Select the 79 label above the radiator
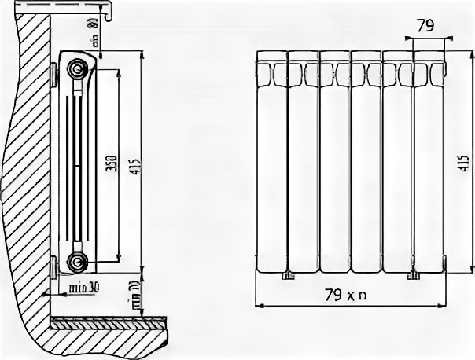click(x=425, y=26)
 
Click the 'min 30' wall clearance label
click(x=83, y=287)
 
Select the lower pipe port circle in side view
click(x=77, y=261)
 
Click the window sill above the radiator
click(x=79, y=10)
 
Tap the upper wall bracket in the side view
click(x=54, y=76)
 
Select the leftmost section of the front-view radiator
click(x=272, y=165)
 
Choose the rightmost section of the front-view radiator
click(x=429, y=165)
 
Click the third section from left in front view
click(x=334, y=165)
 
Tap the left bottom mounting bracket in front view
click(x=288, y=274)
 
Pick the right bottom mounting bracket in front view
click(x=412, y=274)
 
